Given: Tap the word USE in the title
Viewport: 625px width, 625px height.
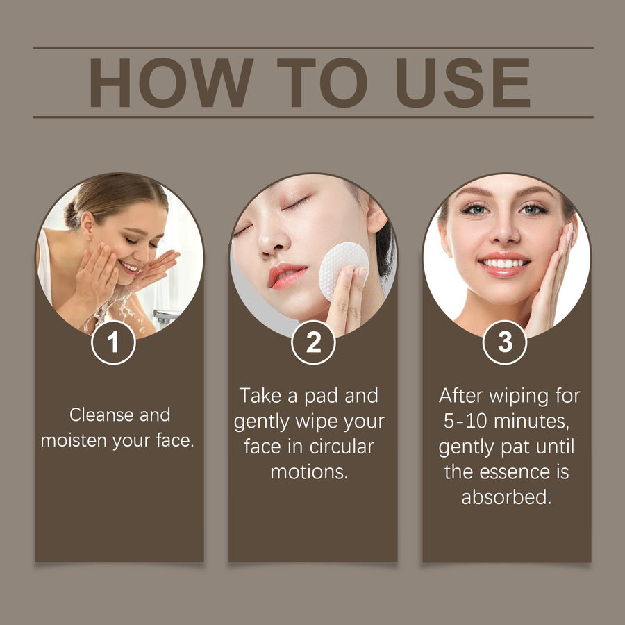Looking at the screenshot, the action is point(462,83).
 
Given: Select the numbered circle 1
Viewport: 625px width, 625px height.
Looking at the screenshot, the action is point(113,342).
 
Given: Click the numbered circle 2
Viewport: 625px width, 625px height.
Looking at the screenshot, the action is point(313,342).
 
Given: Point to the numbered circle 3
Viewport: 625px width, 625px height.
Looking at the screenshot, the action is point(505,342).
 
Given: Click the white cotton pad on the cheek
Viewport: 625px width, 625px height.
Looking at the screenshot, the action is point(343,269).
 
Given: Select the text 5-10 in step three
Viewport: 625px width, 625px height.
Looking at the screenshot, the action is point(465,422).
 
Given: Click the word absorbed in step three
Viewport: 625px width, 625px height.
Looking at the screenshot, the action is point(506,497).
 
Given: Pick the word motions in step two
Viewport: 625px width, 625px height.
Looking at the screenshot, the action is point(309,472).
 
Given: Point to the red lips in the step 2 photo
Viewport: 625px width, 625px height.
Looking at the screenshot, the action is point(287,276).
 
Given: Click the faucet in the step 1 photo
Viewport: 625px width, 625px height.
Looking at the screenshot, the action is point(166,317).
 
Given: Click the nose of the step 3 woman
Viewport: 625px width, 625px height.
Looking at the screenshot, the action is point(504,233).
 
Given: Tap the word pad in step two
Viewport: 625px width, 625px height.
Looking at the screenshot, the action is point(322,397).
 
